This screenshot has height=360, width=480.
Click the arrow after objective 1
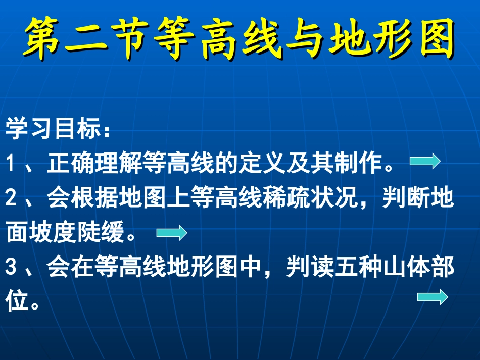pyautogui.click(x=425, y=162)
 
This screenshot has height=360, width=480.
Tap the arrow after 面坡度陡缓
pyautogui.click(x=172, y=233)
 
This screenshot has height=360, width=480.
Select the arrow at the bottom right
pyautogui.click(x=433, y=297)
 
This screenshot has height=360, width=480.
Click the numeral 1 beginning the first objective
pyautogui.click(x=11, y=163)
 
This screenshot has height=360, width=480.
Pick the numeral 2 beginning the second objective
pyautogui.click(x=12, y=198)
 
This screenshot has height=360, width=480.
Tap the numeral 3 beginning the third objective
pyautogui.click(x=12, y=269)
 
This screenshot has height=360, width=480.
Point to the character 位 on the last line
pyautogui.click(x=17, y=303)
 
